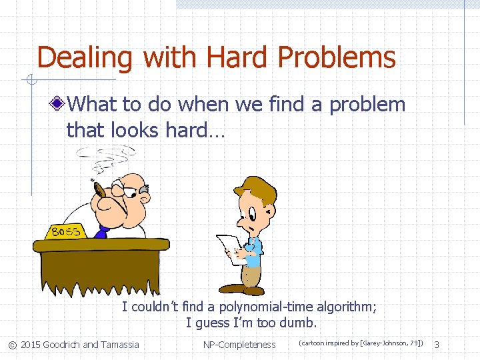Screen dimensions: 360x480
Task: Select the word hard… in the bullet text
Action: (x=195, y=130)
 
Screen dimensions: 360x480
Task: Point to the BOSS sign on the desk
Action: (x=65, y=231)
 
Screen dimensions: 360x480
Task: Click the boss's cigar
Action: (x=101, y=190)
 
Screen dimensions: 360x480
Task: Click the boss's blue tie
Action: (x=102, y=232)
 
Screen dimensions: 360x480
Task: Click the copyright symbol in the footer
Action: (x=12, y=345)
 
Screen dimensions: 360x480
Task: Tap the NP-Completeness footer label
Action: (x=239, y=345)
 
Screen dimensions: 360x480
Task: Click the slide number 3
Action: (x=437, y=345)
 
